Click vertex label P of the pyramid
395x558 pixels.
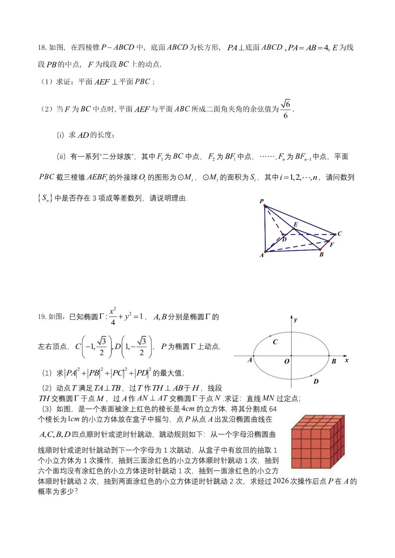[262, 201]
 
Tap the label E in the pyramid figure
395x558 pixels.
[296, 224]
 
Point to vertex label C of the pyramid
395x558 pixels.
[339, 234]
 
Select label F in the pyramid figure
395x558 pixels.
[332, 244]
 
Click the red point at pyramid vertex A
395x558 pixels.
[266, 251]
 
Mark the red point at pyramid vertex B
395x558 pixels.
[320, 250]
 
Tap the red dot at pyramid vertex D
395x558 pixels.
[283, 235]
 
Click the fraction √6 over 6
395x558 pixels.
[286, 109]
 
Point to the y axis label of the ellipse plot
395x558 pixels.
[296, 320]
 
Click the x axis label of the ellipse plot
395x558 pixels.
[346, 360]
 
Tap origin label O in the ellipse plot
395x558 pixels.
[287, 361]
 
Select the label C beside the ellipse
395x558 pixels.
[275, 342]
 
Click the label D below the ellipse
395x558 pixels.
[316, 382]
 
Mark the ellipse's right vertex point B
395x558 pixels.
[329, 356]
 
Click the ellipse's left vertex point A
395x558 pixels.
[253, 356]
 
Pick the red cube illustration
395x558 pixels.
[318, 441]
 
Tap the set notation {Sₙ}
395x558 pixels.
[45, 198]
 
